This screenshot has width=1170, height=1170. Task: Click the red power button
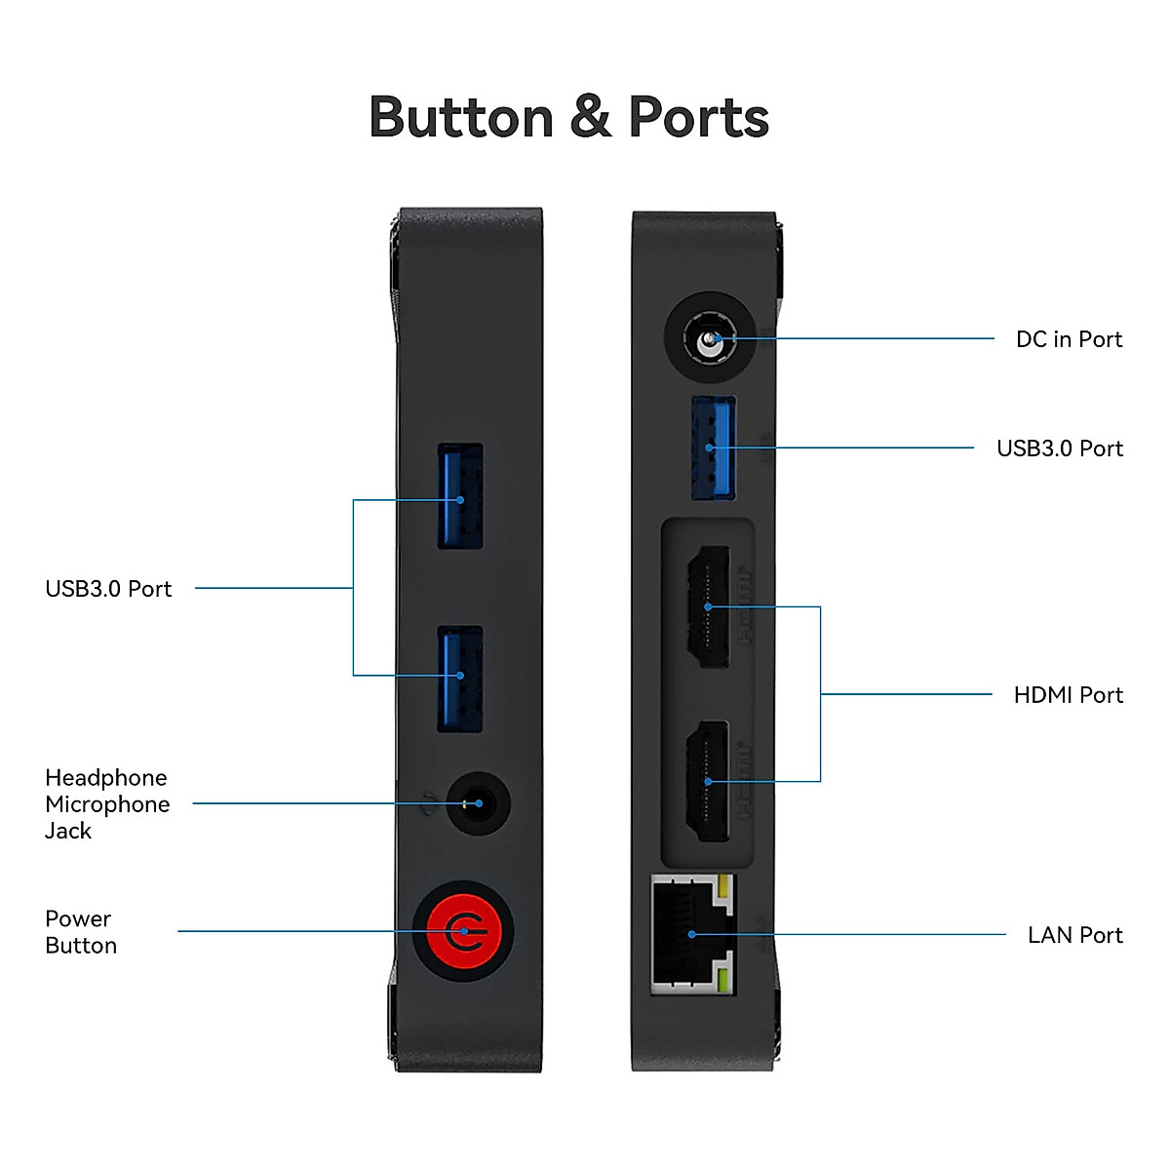tap(463, 930)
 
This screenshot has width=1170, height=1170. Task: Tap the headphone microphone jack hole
tap(478, 803)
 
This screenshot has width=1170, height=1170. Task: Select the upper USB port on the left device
tap(460, 496)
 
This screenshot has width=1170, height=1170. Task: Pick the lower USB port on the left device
tap(460, 679)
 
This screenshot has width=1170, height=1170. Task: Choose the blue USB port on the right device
tap(713, 448)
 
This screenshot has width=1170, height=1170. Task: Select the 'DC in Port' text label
tap(1069, 339)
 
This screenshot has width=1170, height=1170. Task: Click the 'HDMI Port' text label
tap(1068, 695)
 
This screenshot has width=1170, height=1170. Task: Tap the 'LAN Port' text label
tap(1074, 935)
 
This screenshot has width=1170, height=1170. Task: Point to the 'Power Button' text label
tap(81, 932)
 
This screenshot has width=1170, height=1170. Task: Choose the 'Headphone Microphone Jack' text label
tap(107, 804)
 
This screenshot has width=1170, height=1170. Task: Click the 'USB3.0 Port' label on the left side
tap(108, 589)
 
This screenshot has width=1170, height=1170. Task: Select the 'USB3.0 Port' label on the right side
tap(1059, 448)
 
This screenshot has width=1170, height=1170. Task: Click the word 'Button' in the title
tap(461, 118)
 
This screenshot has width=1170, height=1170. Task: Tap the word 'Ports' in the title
tap(698, 118)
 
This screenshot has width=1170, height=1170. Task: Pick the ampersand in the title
tap(591, 118)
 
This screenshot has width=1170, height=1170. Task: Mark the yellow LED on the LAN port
tap(723, 887)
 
